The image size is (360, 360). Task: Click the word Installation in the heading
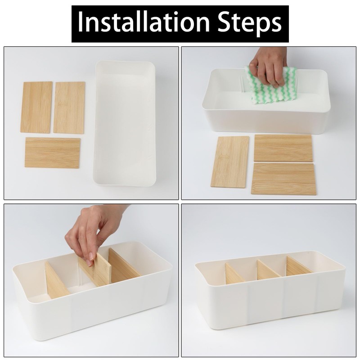(144, 22)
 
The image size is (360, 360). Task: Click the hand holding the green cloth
(269, 67)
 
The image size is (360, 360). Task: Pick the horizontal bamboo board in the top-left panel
(53, 153)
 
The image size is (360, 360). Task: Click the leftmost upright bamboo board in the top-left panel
(36, 107)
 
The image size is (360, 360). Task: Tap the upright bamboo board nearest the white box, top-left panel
(69, 107)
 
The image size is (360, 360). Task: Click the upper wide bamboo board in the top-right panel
(283, 148)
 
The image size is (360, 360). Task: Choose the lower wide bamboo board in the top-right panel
(283, 179)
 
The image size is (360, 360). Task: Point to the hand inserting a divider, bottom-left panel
(94, 232)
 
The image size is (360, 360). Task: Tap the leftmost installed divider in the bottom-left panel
(57, 280)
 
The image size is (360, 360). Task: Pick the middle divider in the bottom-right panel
(269, 269)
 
